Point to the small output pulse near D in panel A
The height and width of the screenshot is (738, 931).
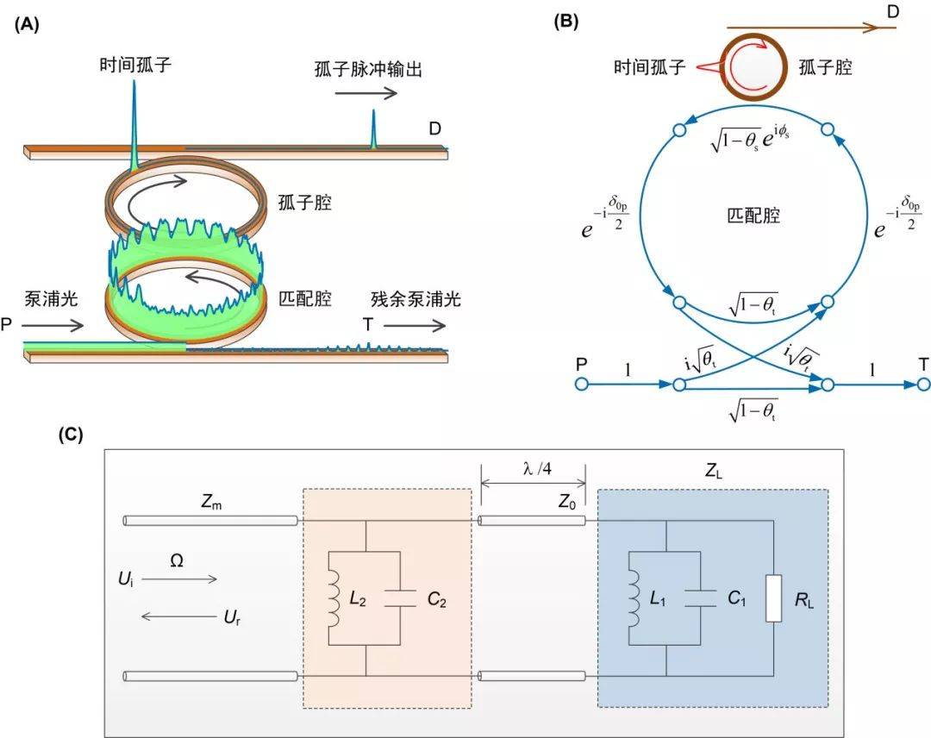373,129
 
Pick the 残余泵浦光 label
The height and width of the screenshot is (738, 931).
416,300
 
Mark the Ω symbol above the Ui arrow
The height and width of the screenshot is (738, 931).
177,560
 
